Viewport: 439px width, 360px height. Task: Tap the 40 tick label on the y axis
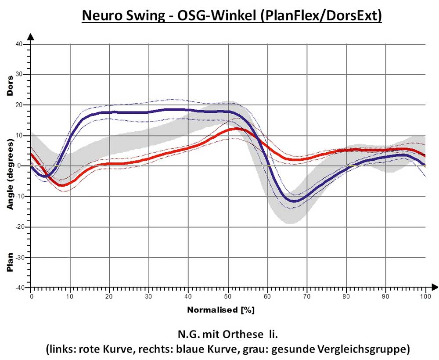[19, 44]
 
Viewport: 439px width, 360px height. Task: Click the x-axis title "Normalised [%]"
[221, 310]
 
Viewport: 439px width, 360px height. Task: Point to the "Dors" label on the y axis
[10, 86]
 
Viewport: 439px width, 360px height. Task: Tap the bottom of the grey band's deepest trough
[290, 223]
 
